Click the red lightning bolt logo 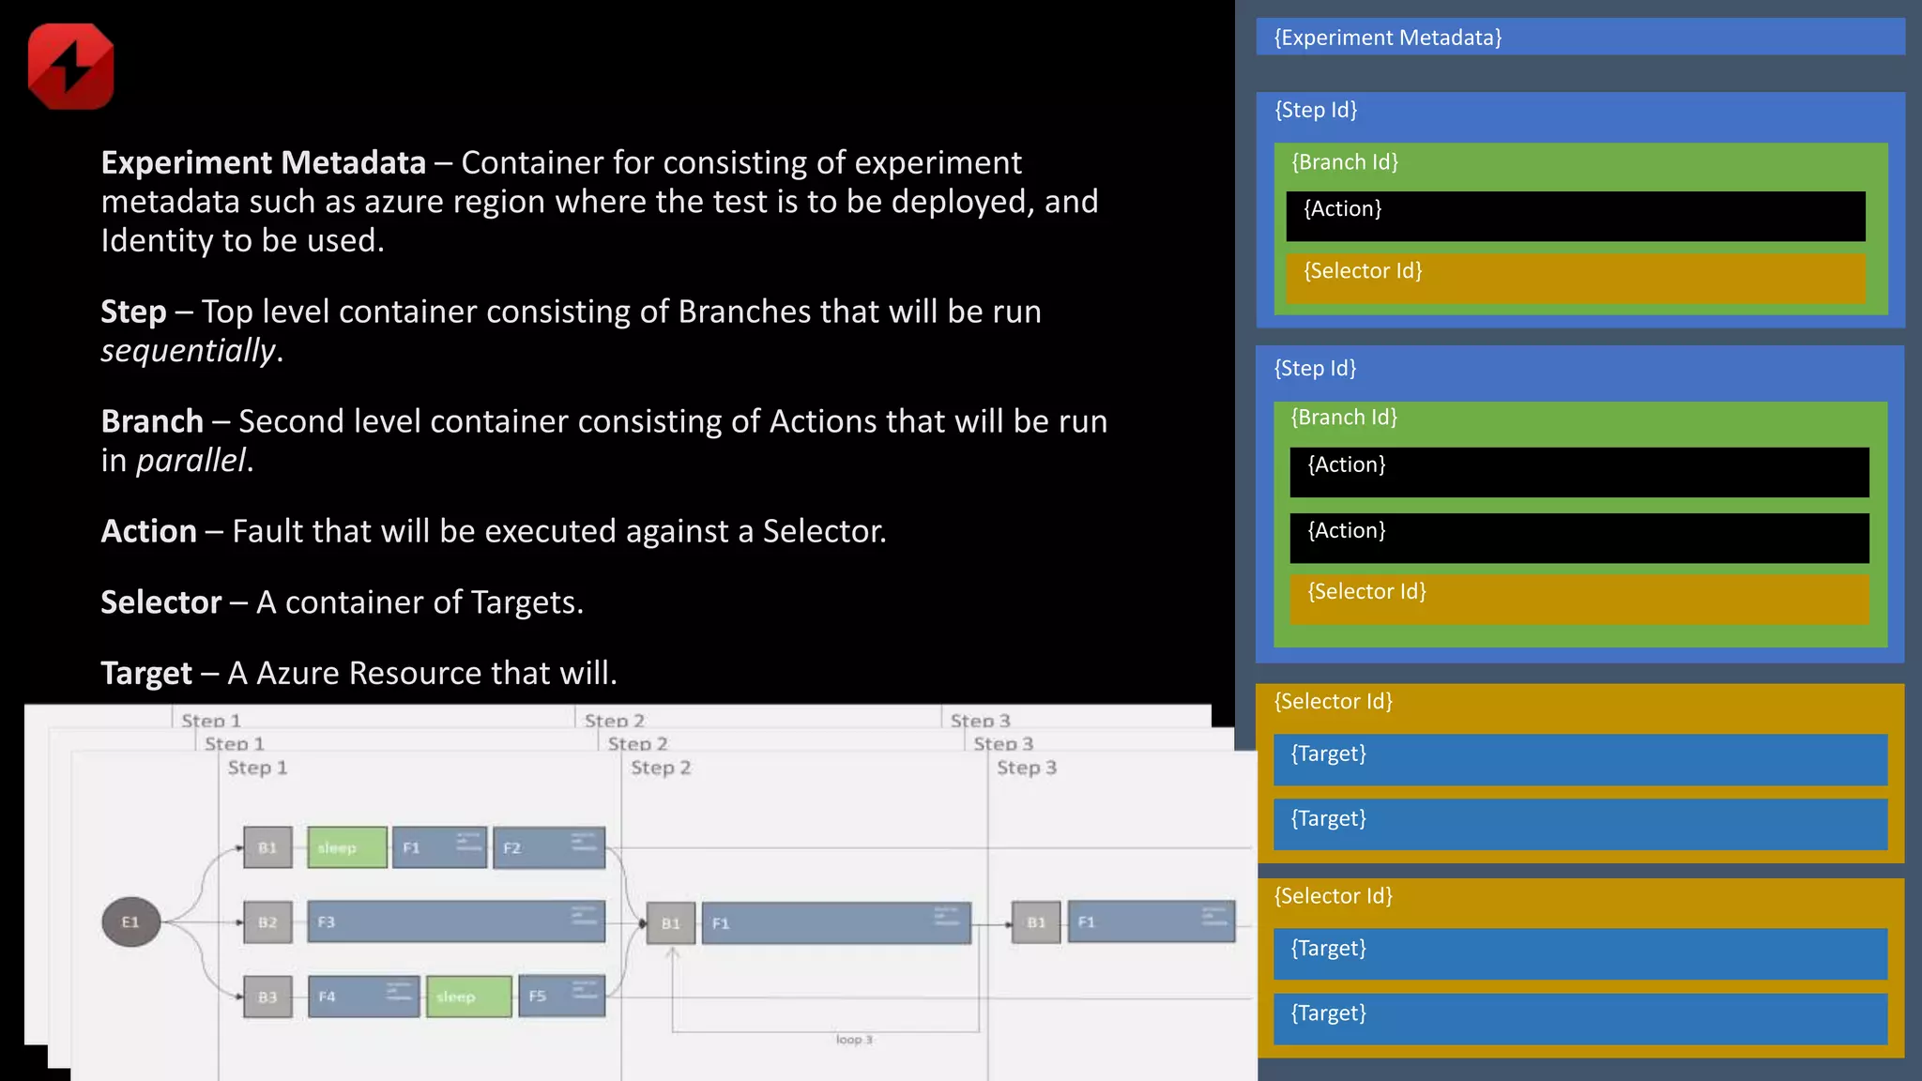pos(71,67)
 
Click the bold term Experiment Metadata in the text pos(263,163)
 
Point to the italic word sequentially pos(189,351)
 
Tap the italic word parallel pos(191,461)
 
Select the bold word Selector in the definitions pos(160,602)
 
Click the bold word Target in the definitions pos(146,674)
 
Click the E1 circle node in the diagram pos(130,922)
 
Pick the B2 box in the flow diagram pos(267,922)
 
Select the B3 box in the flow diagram pos(267,997)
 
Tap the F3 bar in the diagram pos(456,922)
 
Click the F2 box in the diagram pos(549,848)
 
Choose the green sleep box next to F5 pos(468,997)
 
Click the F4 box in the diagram pos(363,997)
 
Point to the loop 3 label pos(854,1040)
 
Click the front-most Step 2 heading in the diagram pos(661,769)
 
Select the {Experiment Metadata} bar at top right pos(1579,38)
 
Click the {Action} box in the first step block pos(1575,216)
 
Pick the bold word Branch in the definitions pos(152,422)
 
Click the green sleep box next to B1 pos(347,848)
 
